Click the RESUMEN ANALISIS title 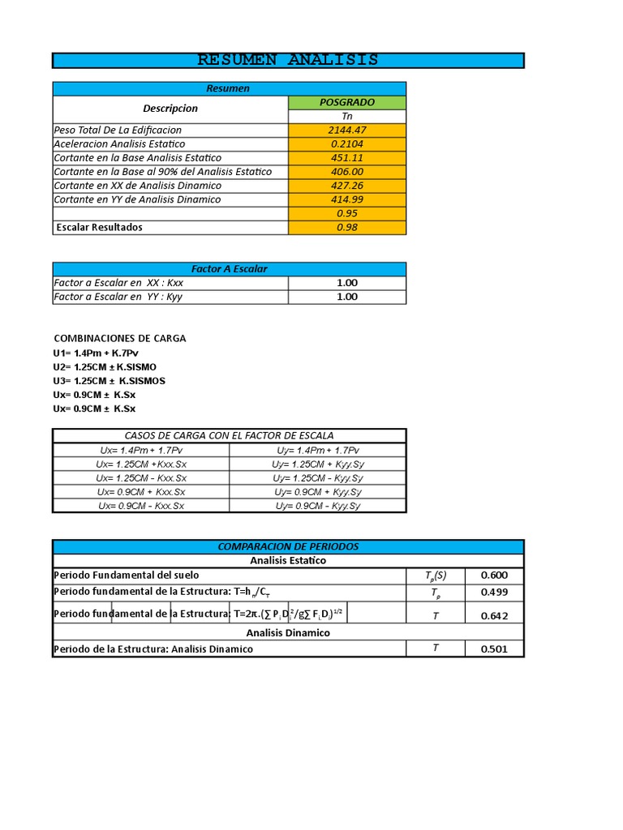288,60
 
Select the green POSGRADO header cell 347,102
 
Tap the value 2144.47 347,130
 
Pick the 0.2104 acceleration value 347,143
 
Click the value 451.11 347,157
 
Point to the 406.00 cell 347,171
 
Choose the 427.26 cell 347,185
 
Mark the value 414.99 347,199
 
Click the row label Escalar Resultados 99,227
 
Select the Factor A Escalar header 229,268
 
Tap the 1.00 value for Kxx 347,283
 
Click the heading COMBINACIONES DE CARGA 120,338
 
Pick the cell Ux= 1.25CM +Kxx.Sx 141,464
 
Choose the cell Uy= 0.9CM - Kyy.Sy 317,506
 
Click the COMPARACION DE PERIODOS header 288,546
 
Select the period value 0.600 494,575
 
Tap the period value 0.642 494,615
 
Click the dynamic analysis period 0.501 494,648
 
